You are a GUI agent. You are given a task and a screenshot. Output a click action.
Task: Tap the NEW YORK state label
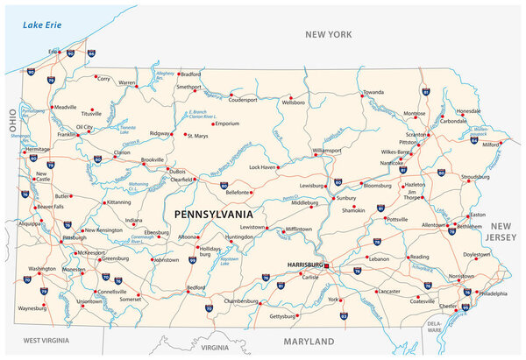coord(327,34)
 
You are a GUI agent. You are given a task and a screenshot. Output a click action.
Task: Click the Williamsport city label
coord(327,150)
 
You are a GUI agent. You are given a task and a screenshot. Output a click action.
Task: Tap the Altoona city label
coord(187,236)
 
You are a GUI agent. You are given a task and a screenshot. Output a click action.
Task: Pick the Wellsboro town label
coord(292,102)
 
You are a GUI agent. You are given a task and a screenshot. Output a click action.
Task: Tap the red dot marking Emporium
coord(211,124)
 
